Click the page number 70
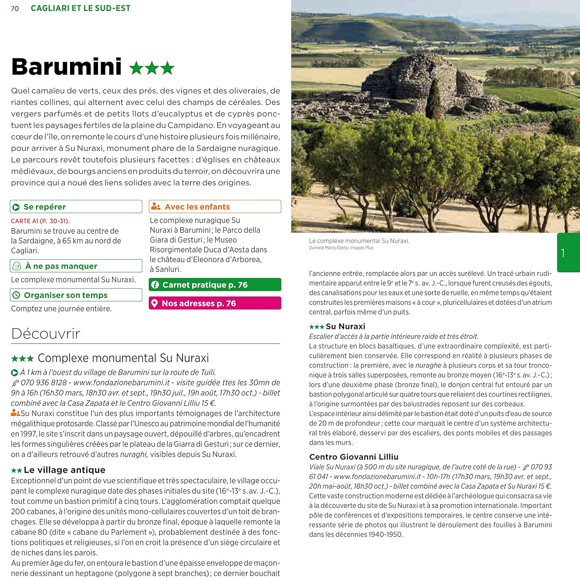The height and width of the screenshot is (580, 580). pos(15,9)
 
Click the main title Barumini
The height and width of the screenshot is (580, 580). pos(67,67)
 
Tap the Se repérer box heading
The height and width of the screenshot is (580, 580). pos(44,207)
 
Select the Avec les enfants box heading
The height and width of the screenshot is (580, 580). pos(197,207)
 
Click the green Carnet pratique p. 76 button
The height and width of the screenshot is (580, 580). pos(215,285)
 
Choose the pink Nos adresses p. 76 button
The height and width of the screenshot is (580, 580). pos(215,304)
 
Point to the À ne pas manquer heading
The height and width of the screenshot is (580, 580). pos(61,266)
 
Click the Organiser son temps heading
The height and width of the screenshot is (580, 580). pos(65,295)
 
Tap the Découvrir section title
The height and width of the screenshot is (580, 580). pos(46,334)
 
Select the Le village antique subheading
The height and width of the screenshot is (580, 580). pos(65,470)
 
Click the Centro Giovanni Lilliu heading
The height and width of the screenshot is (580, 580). pos(353,457)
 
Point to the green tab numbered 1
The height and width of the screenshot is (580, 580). pos(568,253)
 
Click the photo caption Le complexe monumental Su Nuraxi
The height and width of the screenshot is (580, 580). pos(359,241)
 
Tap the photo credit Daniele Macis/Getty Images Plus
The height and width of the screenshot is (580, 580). pos(341,248)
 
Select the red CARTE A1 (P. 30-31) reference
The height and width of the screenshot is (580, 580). pos(40,221)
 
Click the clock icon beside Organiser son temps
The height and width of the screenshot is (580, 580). pos(16,295)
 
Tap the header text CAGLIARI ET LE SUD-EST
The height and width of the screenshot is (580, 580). pos(80,9)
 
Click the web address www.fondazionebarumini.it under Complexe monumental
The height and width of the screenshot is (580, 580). pos(121,383)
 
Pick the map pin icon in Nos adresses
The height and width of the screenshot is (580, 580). pos(154,304)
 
